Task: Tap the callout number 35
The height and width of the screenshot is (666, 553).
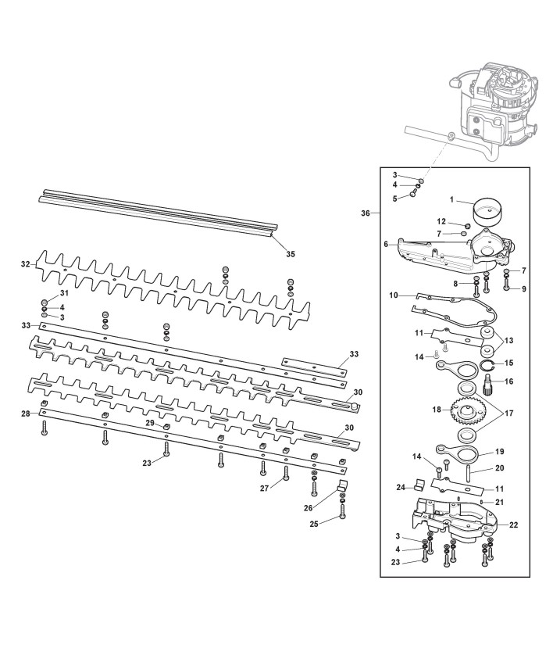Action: click(x=290, y=253)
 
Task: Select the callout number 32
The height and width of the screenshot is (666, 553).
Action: click(x=24, y=265)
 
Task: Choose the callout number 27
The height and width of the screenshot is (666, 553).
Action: click(x=265, y=487)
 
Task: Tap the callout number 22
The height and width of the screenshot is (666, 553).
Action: click(x=513, y=525)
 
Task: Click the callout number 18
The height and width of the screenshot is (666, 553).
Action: click(x=435, y=409)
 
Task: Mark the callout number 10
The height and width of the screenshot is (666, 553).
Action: click(x=393, y=295)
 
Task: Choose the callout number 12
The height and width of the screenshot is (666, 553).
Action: click(x=441, y=221)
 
